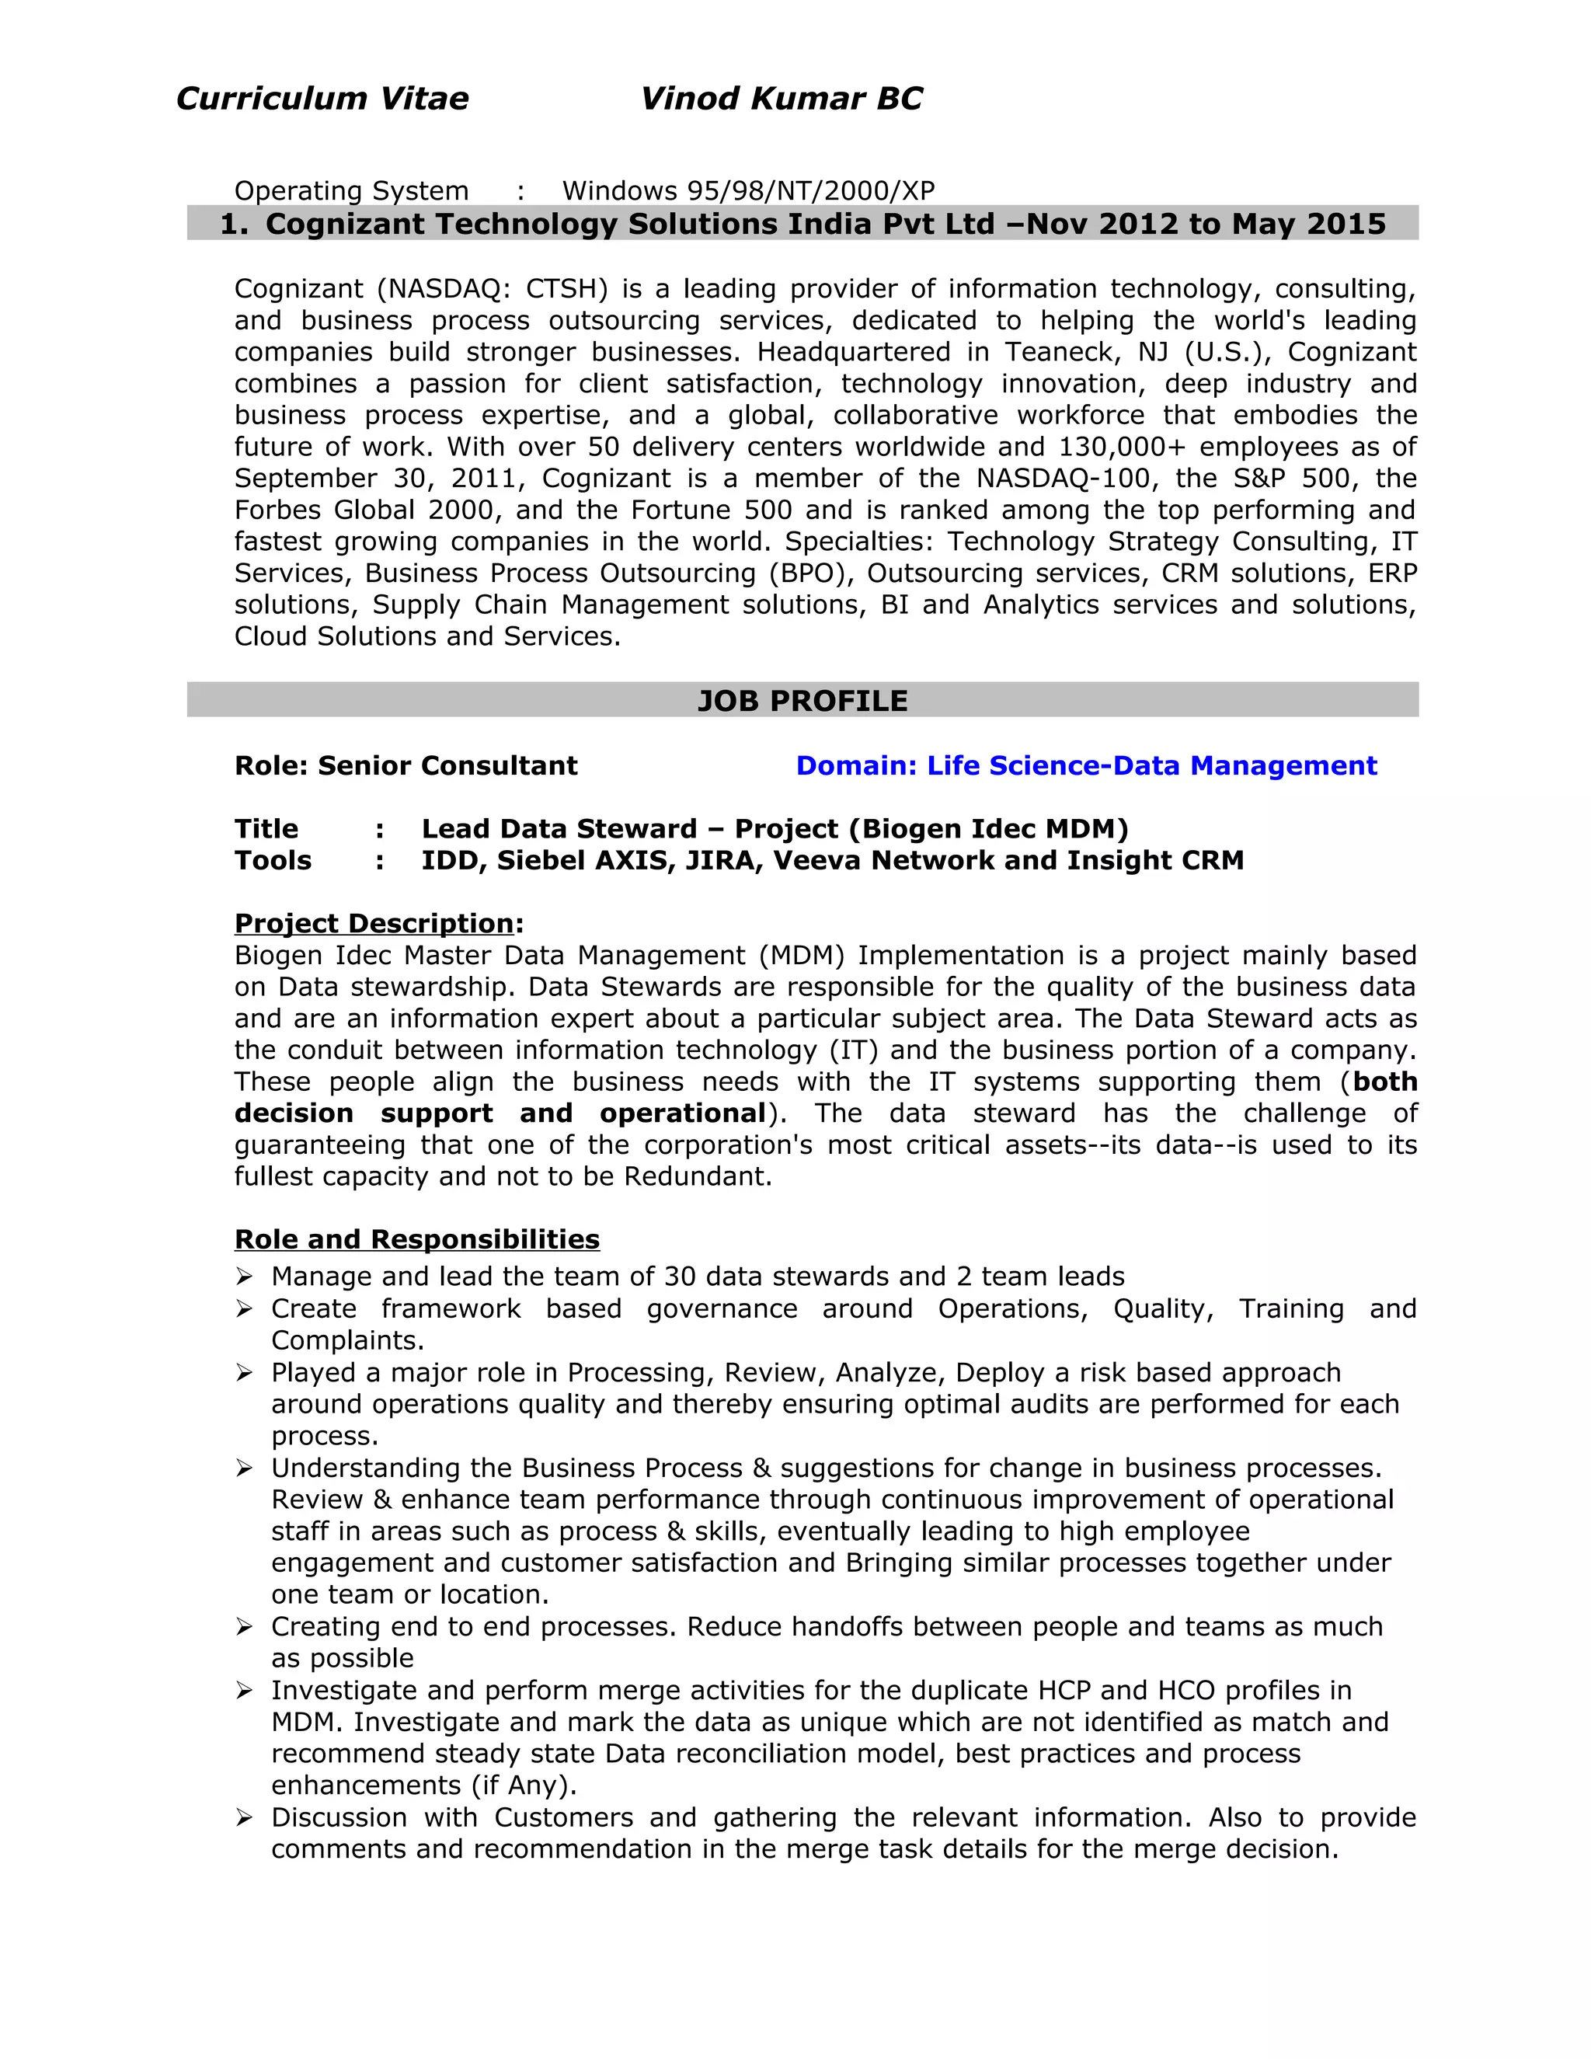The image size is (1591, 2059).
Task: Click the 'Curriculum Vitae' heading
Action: tap(322, 99)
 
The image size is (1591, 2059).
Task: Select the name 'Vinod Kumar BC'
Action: tap(781, 99)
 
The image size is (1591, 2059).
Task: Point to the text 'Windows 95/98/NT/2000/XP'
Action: tap(748, 191)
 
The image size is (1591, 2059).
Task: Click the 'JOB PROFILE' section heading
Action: tap(802, 701)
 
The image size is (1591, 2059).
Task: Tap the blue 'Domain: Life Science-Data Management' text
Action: tap(1086, 765)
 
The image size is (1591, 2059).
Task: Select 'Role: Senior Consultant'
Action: tap(406, 765)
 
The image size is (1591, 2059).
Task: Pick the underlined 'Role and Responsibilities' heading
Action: tap(416, 1239)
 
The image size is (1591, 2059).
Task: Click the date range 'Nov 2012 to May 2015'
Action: tap(1206, 225)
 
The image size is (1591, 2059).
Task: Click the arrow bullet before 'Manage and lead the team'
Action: tap(244, 1277)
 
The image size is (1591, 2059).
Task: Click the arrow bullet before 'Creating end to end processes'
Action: tap(244, 1627)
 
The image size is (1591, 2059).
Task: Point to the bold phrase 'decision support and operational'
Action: tap(500, 1113)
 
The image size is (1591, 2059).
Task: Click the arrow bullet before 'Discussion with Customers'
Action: tap(244, 1817)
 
